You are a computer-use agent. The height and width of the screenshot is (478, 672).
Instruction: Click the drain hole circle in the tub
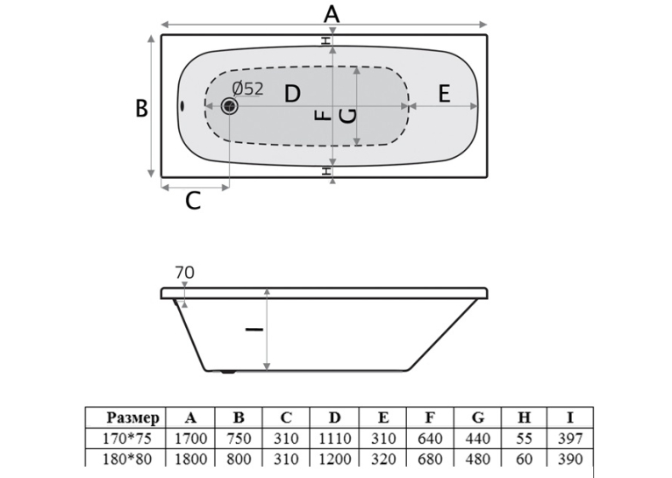tap(230, 106)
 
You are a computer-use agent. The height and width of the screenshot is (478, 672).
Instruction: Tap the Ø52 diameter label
tap(247, 89)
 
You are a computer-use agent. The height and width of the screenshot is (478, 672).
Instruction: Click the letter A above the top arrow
tap(332, 14)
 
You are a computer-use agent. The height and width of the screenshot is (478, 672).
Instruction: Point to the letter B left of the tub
tap(141, 108)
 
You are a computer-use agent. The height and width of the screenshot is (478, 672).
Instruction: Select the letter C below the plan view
tap(193, 201)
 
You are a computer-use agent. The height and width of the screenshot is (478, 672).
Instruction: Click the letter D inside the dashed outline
tap(292, 93)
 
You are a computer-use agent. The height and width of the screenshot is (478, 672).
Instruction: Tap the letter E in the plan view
tap(445, 93)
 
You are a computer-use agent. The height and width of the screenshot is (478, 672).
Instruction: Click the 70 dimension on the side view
tap(185, 273)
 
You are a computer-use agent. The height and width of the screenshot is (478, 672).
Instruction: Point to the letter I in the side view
tap(254, 329)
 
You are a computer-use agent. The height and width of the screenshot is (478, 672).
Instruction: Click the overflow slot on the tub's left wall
tap(182, 105)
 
